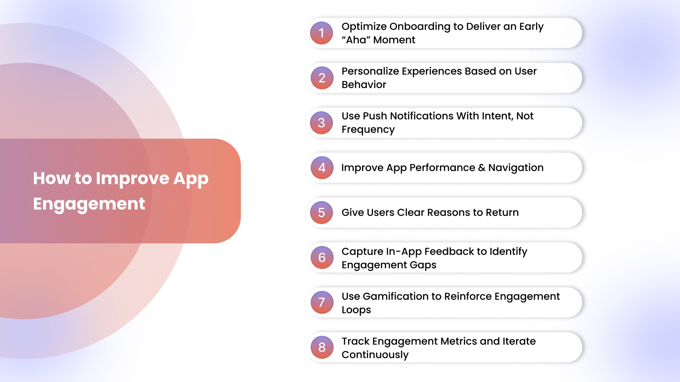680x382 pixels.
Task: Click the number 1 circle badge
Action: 322,33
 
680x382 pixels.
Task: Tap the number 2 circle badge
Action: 322,78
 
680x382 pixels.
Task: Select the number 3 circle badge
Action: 322,123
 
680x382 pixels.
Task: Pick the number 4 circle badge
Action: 322,168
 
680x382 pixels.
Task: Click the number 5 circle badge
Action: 322,213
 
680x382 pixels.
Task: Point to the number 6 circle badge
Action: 322,257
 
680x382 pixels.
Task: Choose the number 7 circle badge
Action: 322,302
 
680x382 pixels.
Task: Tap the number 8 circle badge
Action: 322,347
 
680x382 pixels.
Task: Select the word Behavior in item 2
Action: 364,85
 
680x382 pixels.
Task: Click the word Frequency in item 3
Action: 368,130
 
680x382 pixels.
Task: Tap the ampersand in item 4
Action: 482,168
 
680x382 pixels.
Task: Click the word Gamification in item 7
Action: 396,296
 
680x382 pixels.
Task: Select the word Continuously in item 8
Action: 375,355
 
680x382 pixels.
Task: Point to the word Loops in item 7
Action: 356,310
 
